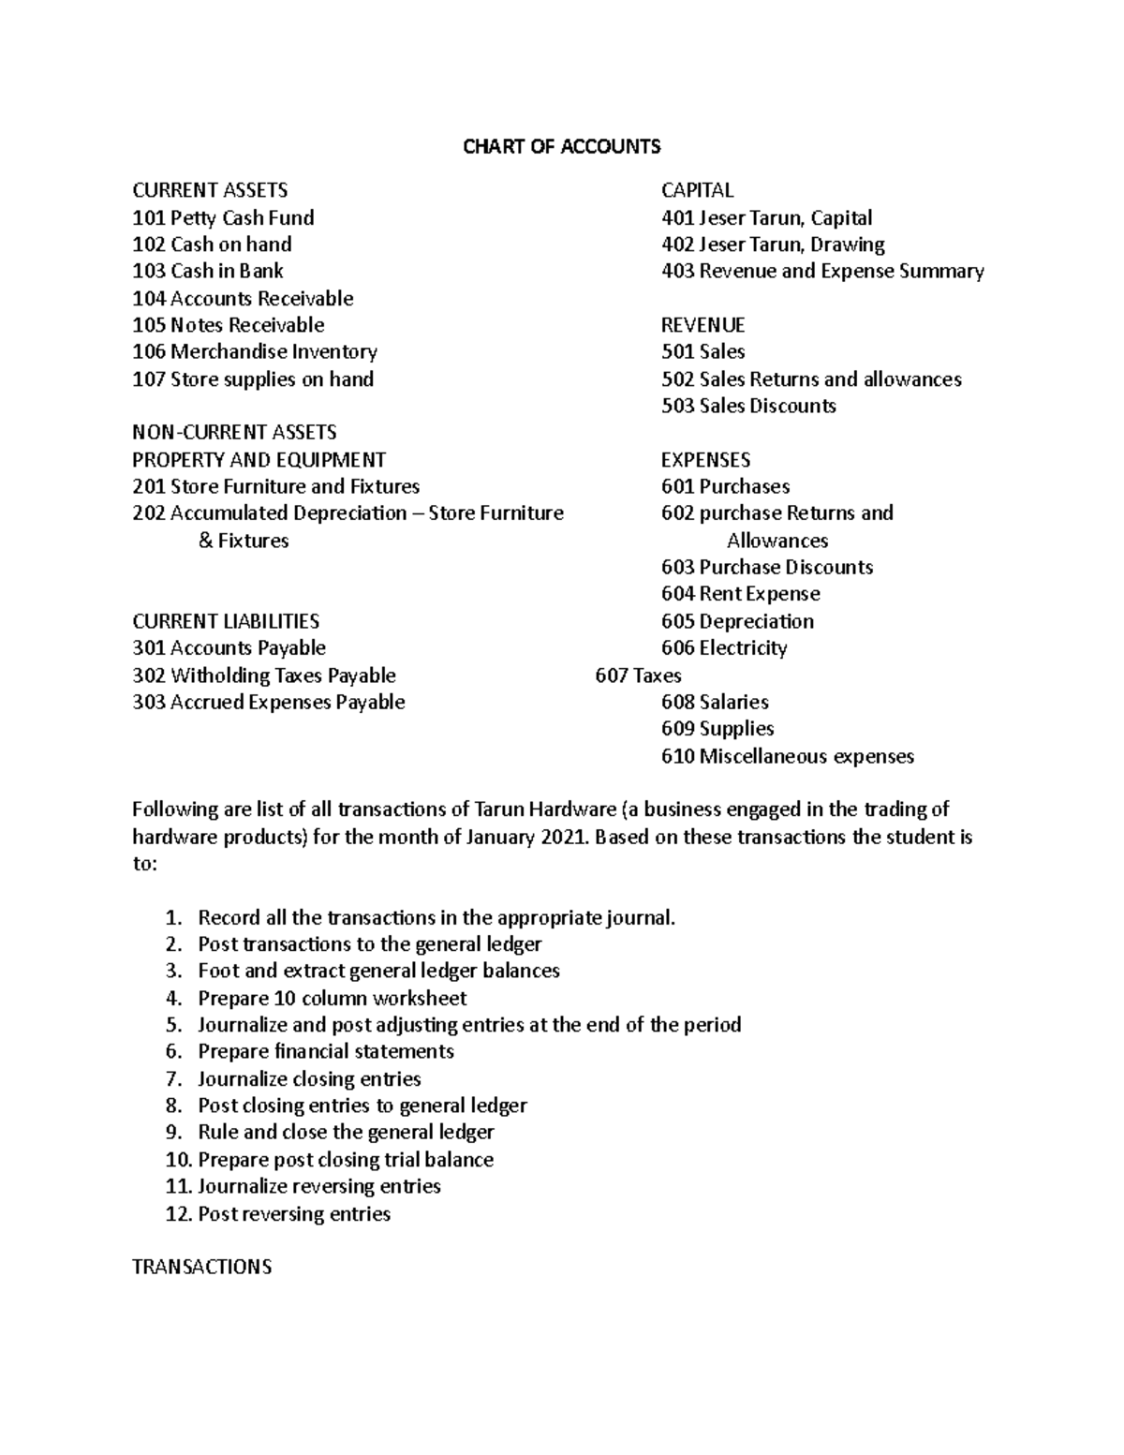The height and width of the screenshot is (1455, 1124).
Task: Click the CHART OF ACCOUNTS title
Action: coord(561,146)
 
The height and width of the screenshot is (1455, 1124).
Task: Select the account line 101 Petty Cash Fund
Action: coord(223,218)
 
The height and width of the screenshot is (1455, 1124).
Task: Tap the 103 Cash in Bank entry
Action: coord(207,272)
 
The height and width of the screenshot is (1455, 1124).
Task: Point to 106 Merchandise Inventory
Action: coord(255,352)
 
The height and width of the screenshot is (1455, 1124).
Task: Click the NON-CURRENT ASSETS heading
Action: coord(234,433)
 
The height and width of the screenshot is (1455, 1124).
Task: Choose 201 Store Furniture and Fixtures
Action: coord(275,487)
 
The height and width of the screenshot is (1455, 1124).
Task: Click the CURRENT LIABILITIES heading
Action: coord(226,622)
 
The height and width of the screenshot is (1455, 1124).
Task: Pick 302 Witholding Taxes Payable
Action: coord(264,676)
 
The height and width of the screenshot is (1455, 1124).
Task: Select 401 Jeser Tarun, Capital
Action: coord(766,218)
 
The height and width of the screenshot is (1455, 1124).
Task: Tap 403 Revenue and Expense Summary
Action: coord(822,272)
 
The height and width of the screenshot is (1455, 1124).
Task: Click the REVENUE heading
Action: coord(702,326)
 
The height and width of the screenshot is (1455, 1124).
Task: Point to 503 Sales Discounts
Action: coord(748,407)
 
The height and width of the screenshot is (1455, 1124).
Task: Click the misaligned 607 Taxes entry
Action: coord(638,676)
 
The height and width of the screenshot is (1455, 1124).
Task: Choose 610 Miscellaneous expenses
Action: coord(787,757)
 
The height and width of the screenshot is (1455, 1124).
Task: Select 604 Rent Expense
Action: coord(740,595)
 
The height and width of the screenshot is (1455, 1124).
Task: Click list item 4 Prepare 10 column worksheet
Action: coord(332,999)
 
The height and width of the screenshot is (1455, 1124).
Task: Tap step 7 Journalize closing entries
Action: coord(309,1079)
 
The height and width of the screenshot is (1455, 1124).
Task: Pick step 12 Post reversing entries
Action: coord(293,1214)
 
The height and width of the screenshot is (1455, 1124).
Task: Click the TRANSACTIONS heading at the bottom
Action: coord(202,1268)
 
